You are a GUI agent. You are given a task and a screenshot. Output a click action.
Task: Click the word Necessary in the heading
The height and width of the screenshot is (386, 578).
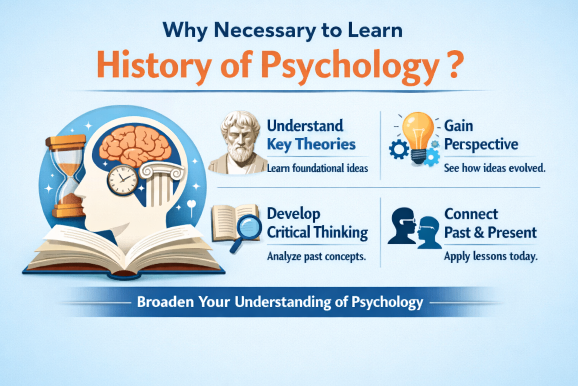coord(265,31)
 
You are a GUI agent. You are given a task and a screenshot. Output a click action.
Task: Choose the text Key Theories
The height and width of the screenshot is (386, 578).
coord(311,144)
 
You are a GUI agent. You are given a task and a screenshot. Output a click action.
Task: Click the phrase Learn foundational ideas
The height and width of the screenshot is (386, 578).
coord(317,168)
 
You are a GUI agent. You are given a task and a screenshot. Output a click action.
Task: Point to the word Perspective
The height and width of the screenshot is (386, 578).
coord(481,144)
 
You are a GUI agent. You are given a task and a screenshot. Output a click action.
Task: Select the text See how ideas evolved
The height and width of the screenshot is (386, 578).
coord(494,168)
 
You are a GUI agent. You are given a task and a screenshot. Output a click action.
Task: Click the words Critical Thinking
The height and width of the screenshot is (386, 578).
coord(317,233)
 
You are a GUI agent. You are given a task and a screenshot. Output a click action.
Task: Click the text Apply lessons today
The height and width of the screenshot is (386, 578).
coord(491,256)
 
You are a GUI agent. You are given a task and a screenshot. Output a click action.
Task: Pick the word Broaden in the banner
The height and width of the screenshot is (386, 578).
coord(165,302)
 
